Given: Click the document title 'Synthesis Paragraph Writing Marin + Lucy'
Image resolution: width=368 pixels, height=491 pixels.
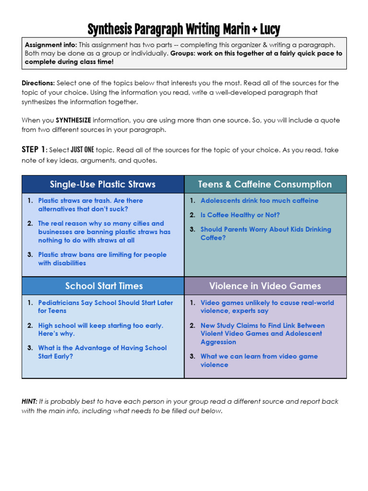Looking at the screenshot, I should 184,30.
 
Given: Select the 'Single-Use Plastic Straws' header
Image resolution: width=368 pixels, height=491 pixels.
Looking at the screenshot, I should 103,185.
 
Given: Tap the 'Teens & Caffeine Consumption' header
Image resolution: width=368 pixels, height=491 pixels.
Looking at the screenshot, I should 265,185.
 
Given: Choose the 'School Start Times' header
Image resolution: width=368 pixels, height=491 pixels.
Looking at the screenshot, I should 104,286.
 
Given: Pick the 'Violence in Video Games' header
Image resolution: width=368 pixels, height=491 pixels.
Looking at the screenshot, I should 265,286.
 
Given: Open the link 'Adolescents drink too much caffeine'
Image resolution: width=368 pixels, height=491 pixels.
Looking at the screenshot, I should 259,201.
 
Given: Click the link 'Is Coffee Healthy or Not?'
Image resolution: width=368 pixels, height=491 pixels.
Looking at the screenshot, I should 240,215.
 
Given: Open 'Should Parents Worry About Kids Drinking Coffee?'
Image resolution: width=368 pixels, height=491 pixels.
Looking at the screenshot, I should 265,234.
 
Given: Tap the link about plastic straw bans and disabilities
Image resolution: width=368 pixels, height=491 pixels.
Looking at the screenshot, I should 102,259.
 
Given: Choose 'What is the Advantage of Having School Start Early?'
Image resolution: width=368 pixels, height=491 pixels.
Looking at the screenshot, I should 102,352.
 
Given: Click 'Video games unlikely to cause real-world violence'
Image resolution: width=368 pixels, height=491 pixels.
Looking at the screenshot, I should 267,307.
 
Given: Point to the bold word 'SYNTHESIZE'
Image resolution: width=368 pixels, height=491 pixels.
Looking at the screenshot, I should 73,120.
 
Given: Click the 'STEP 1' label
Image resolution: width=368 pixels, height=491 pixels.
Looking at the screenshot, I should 33,150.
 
